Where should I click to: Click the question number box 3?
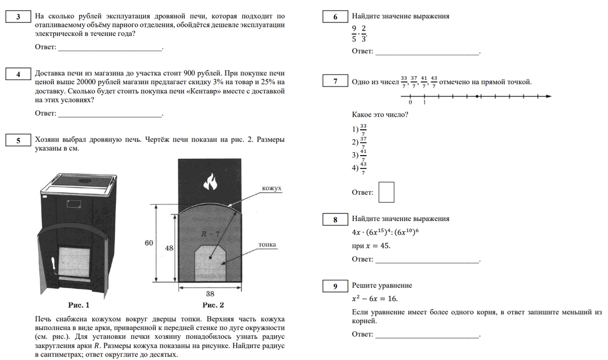pos(18,17)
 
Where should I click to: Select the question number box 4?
pos(18,75)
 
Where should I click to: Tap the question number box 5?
pos(18,140)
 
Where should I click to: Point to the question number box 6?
pos(335,17)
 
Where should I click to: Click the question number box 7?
pos(335,82)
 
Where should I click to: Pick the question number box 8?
pos(335,220)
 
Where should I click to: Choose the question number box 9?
pos(335,286)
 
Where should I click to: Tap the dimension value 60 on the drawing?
pos(148,243)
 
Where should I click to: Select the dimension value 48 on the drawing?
pos(170,249)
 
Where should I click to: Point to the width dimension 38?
pos(210,294)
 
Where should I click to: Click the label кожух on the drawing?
pos(272,189)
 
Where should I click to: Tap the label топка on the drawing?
pos(267,244)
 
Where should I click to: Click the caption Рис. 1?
pos(79,305)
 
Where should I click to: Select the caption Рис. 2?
pos(213,305)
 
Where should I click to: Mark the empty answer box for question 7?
pos(387,192)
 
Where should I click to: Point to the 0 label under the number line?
pos(411,103)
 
